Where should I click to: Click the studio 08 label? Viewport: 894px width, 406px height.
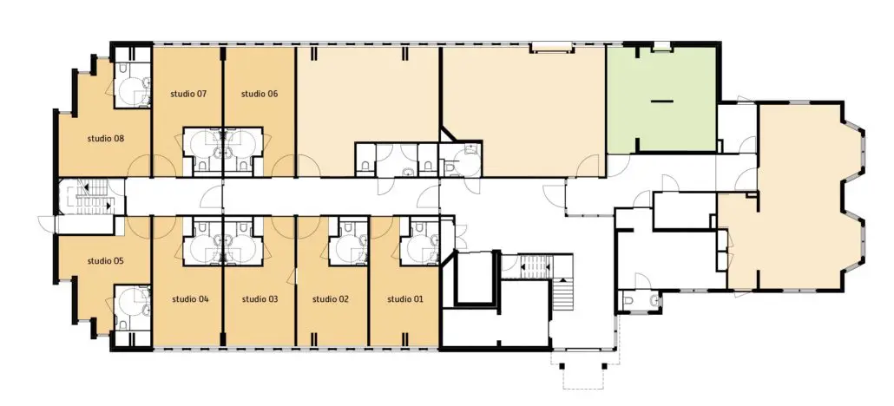click(x=106, y=138)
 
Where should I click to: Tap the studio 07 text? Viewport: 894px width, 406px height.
click(x=188, y=94)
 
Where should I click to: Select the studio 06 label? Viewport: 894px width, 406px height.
click(x=260, y=94)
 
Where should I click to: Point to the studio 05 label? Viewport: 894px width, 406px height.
click(x=106, y=261)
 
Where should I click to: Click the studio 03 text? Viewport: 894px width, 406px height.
click(x=260, y=298)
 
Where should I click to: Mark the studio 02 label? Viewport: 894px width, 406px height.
click(x=331, y=298)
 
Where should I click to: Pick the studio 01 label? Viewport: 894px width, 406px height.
click(x=405, y=298)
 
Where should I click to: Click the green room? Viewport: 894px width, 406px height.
click(x=661, y=100)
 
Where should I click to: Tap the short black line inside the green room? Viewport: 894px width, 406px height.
click(x=661, y=101)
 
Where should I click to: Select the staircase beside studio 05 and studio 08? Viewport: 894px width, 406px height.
click(x=91, y=197)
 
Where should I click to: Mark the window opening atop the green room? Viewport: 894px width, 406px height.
click(x=661, y=47)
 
